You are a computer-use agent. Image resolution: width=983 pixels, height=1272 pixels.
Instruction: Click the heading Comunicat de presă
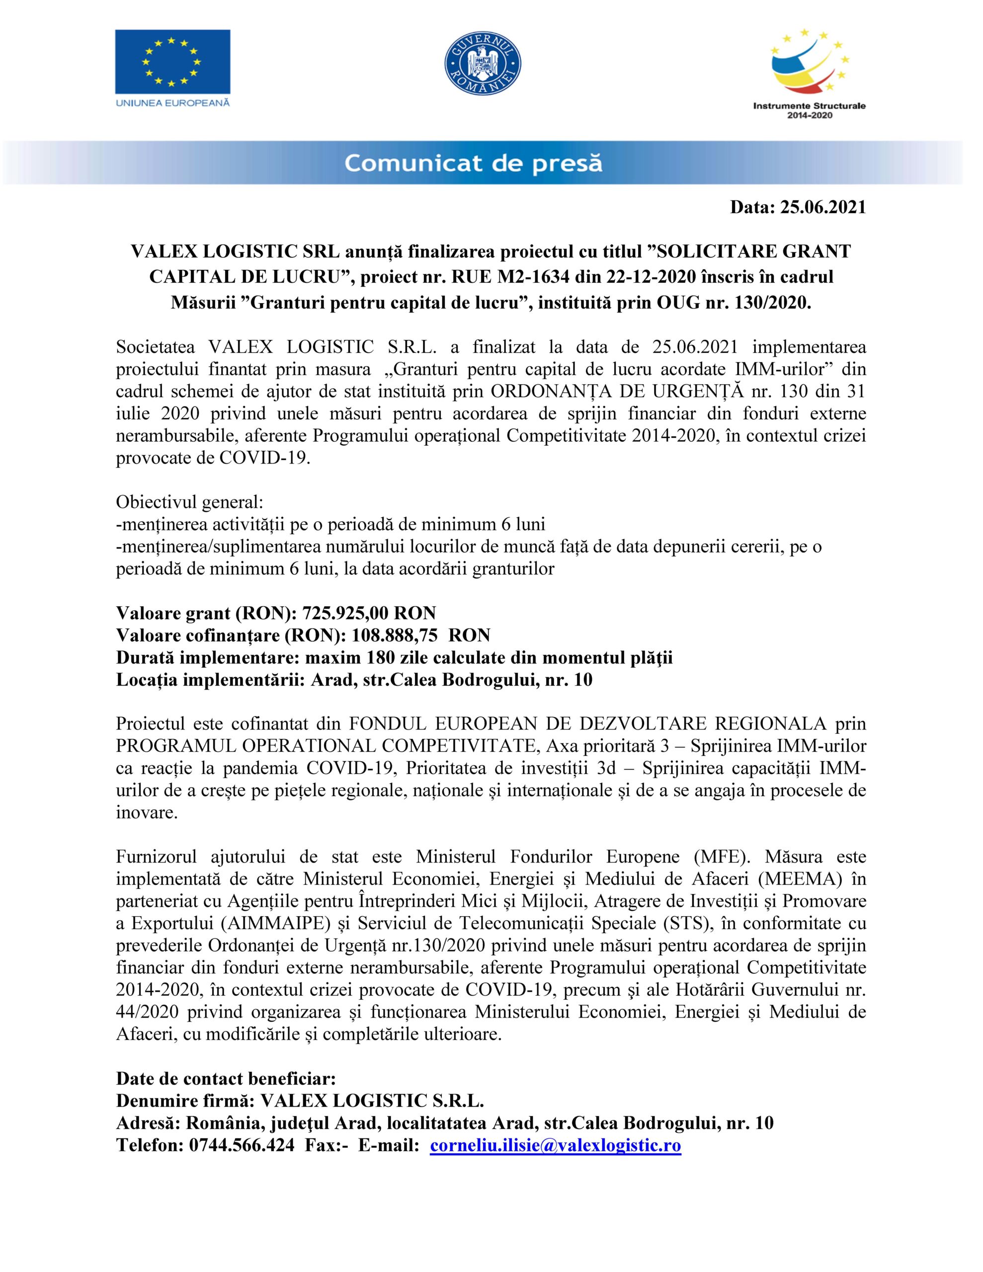point(473,163)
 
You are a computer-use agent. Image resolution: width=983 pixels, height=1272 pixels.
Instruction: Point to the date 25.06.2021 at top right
point(823,208)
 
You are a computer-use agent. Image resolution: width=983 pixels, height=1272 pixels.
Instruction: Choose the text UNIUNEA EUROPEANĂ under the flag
point(172,103)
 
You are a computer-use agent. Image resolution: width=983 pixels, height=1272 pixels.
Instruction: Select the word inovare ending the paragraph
point(147,812)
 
